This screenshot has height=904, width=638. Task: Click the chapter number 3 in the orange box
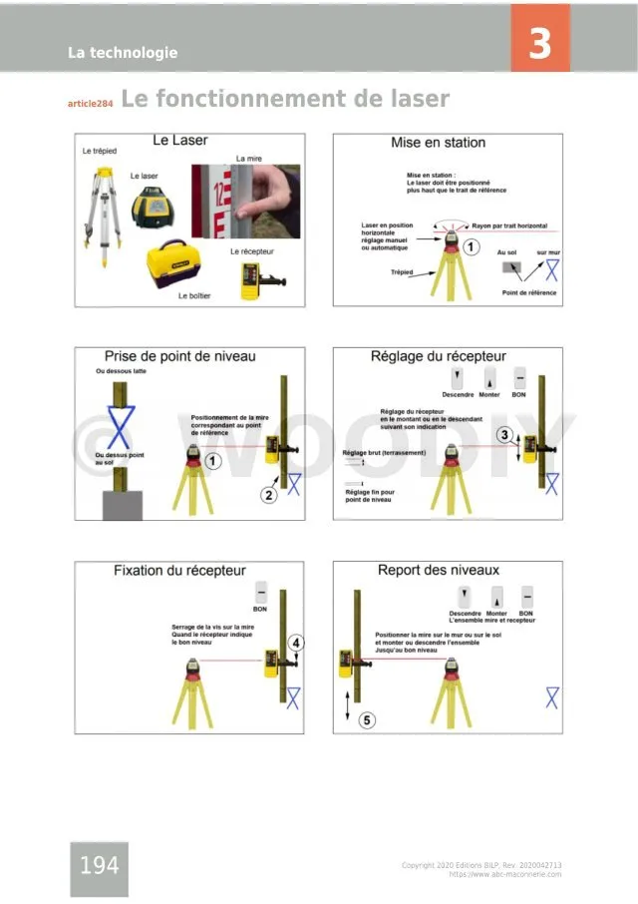(539, 44)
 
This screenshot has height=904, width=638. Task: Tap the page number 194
(99, 865)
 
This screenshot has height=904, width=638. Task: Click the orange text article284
(90, 104)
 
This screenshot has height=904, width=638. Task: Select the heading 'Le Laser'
(180, 141)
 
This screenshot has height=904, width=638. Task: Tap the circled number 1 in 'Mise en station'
(475, 245)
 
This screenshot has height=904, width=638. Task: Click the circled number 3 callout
(505, 434)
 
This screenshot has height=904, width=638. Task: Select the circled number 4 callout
(296, 643)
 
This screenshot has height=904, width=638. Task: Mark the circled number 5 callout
(368, 719)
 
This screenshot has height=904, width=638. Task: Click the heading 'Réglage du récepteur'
(439, 356)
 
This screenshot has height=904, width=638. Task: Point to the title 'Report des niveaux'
(439, 571)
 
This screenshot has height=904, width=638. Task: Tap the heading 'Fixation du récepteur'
(179, 571)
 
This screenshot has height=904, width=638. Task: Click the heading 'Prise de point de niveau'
(180, 356)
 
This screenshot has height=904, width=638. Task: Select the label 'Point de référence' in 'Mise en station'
(529, 292)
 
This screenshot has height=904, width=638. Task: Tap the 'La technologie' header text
(123, 53)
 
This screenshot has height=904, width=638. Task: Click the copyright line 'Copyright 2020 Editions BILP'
(480, 865)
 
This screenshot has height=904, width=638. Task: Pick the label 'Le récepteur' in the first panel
(251, 251)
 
